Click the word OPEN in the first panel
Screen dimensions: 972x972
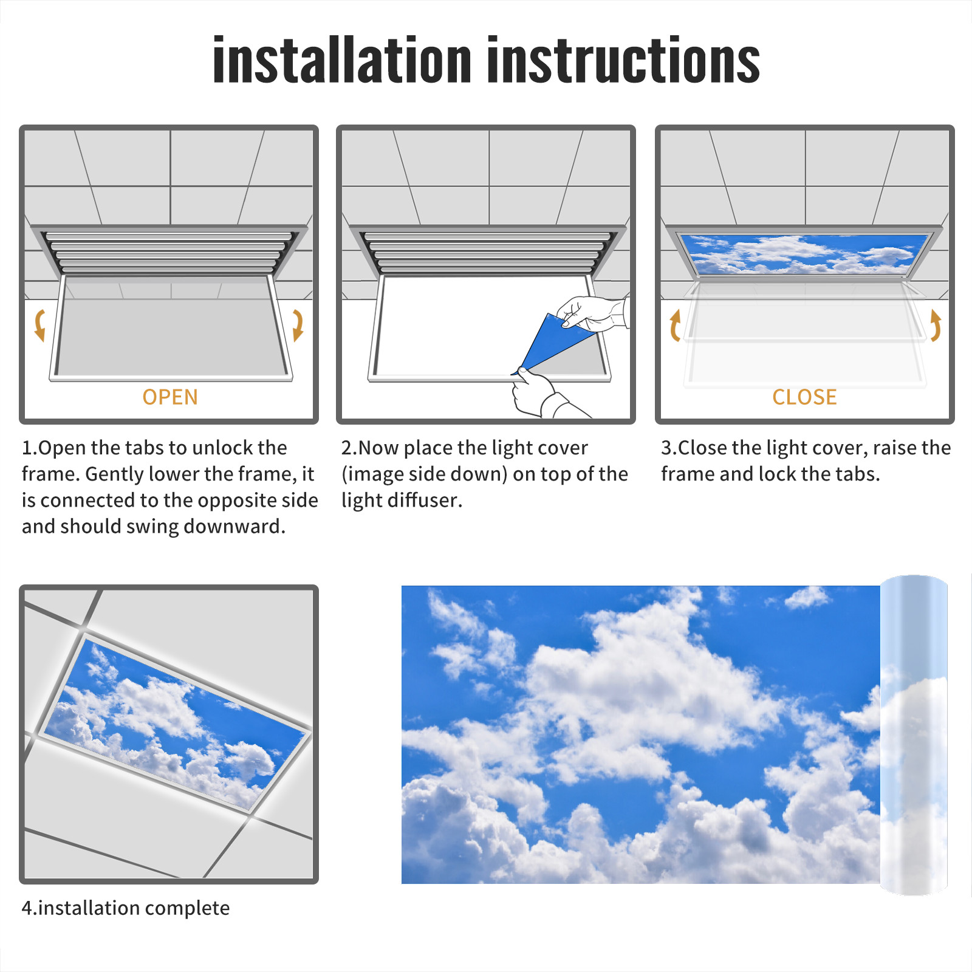pyautogui.click(x=170, y=397)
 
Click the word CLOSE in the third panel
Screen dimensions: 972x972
pyautogui.click(x=804, y=397)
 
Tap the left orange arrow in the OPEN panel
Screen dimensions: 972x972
pyautogui.click(x=40, y=325)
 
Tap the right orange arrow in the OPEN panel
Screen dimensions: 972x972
pyautogui.click(x=298, y=325)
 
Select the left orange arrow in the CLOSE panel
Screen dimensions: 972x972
pyautogui.click(x=675, y=325)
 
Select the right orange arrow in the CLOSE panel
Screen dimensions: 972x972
pyautogui.click(x=936, y=325)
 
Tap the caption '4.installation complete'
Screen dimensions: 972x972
pyautogui.click(x=126, y=908)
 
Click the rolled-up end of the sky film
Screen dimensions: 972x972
pyautogui.click(x=914, y=735)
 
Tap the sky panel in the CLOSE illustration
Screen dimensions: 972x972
pyautogui.click(x=804, y=253)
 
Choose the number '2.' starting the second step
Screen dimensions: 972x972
pyautogui.click(x=349, y=448)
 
